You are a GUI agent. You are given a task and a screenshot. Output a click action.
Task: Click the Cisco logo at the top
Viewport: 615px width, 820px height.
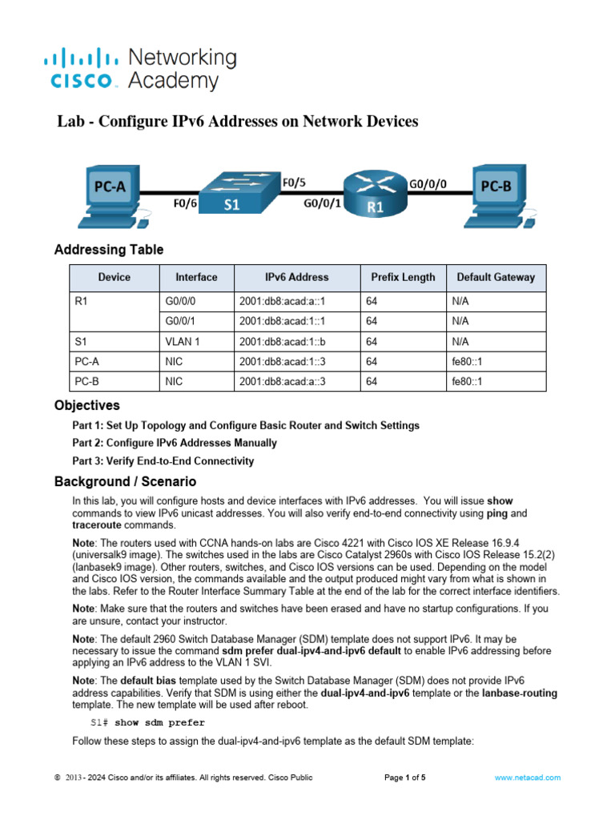click(x=139, y=69)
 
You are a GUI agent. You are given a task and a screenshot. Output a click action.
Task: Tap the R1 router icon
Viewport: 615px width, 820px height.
click(x=374, y=194)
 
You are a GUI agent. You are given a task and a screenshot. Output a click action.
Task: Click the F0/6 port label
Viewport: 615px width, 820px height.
click(x=186, y=203)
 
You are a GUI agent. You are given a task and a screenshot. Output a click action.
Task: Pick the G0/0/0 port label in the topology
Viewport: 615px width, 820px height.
click(x=428, y=183)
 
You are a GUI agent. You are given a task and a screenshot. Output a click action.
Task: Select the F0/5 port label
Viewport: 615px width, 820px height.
click(x=293, y=183)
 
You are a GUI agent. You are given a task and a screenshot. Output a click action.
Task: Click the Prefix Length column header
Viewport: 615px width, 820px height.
click(x=403, y=277)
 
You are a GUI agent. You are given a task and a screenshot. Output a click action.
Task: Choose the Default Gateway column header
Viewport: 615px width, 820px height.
click(x=496, y=277)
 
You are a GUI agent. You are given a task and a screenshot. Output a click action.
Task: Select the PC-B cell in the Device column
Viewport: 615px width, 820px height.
click(x=88, y=381)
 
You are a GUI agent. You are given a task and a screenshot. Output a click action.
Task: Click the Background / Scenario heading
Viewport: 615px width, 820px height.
click(x=124, y=481)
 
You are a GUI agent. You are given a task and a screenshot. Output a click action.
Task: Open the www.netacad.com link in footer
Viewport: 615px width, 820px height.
click(x=527, y=777)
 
